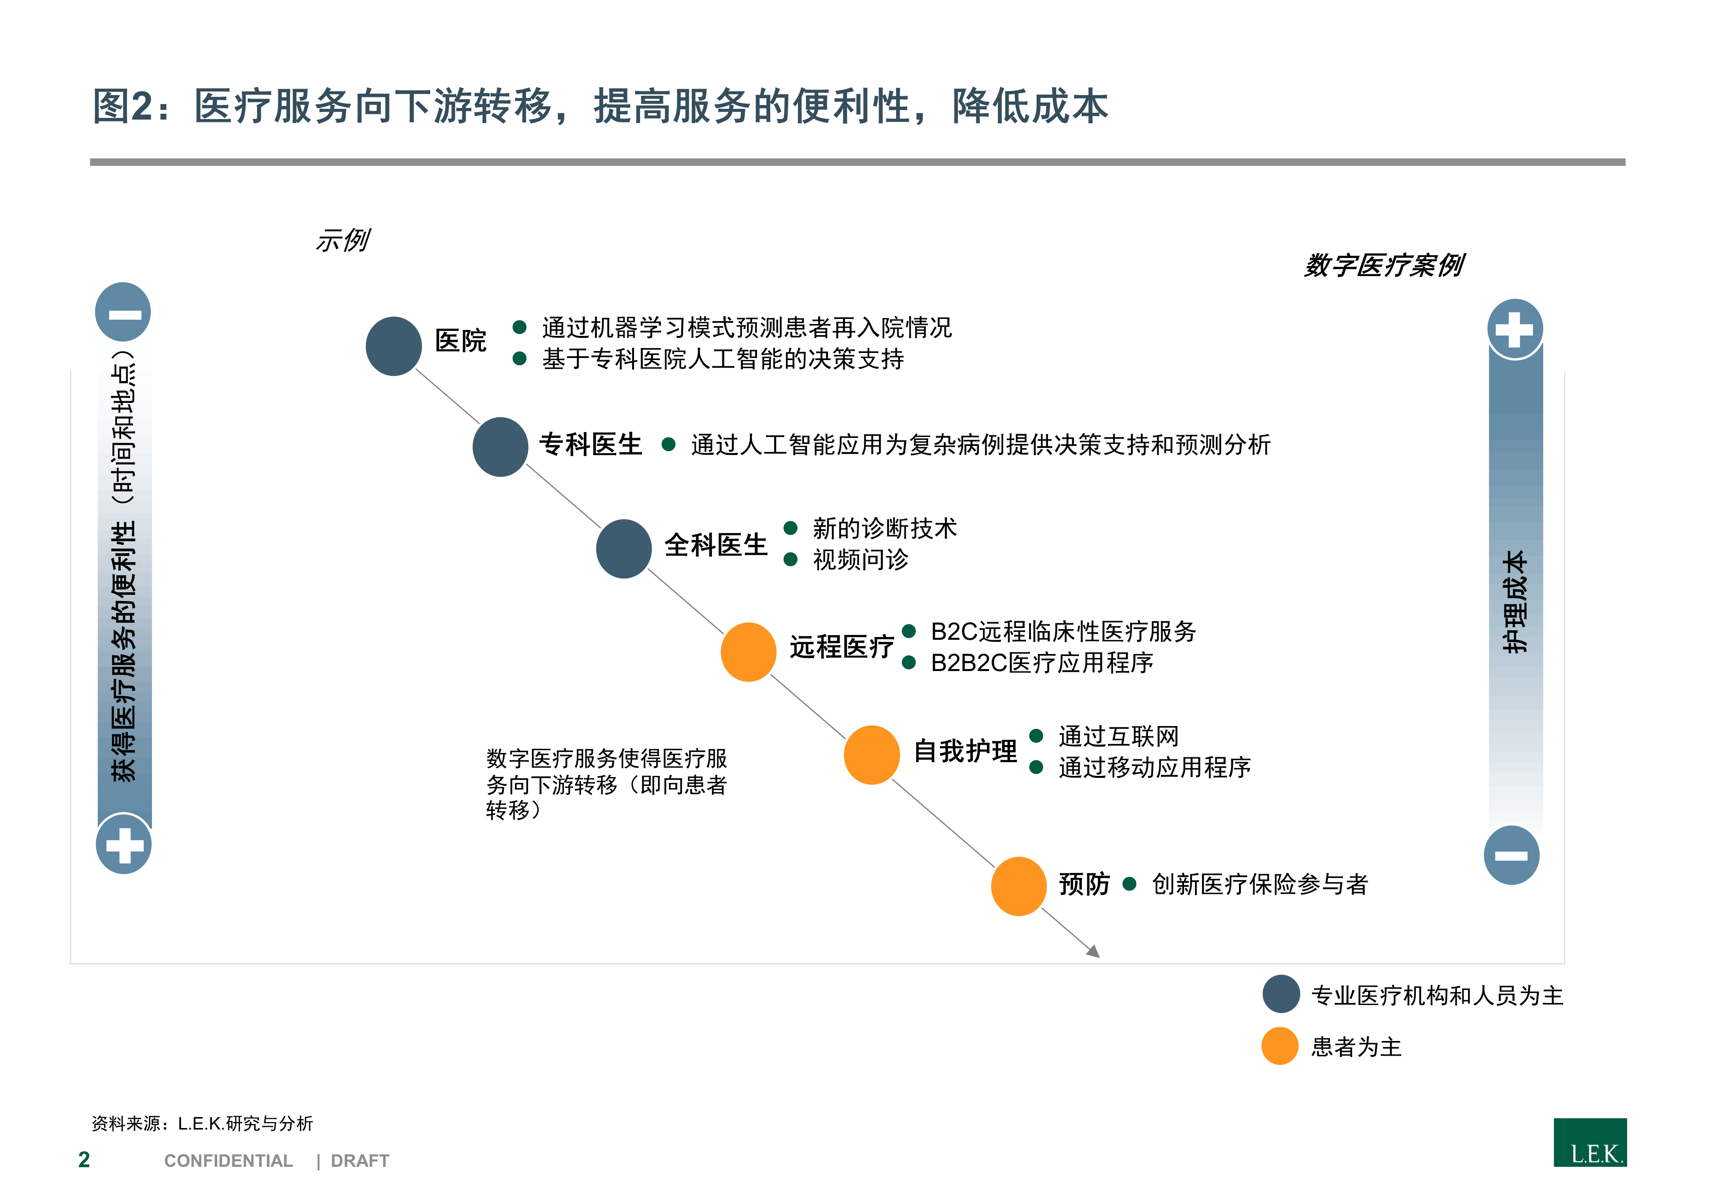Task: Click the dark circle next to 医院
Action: pos(393,346)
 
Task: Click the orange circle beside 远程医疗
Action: pos(748,652)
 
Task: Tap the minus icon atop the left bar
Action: pos(123,312)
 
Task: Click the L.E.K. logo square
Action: pos(1590,1142)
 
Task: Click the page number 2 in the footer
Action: pos(84,1159)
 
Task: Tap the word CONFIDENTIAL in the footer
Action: pos(228,1161)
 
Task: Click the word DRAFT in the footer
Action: pos(360,1161)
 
